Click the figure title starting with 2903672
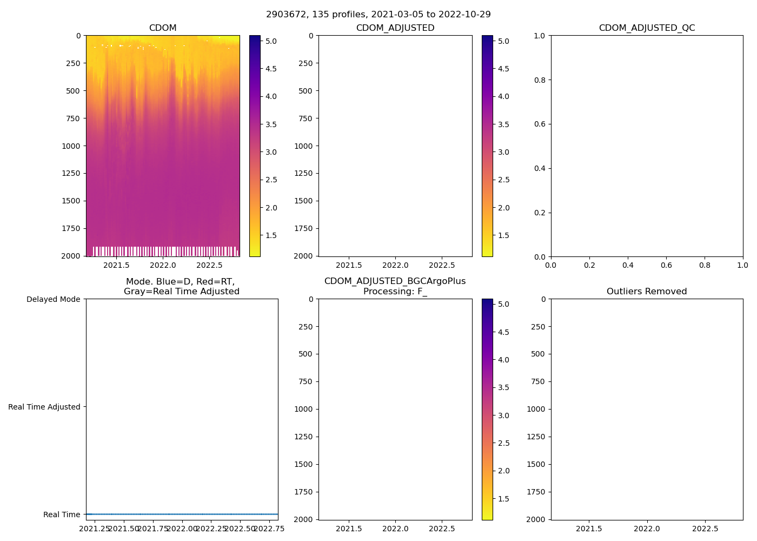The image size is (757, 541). [x=378, y=15]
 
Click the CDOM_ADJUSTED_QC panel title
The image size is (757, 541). [x=647, y=28]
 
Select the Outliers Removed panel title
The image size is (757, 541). [x=647, y=292]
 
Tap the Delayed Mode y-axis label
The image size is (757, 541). [x=53, y=299]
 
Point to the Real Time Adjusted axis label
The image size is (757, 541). [x=44, y=407]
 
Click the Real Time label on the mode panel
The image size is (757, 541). [x=62, y=514]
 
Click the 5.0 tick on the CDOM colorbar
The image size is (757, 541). [x=271, y=41]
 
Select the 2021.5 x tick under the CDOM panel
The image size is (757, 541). [x=116, y=265]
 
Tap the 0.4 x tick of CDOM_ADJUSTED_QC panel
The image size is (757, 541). [x=628, y=265]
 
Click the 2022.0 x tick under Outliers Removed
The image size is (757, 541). [x=647, y=529]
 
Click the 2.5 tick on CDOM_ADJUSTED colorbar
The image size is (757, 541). [x=503, y=180]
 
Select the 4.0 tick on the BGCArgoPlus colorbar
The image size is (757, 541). [x=503, y=360]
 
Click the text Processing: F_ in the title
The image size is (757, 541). [x=395, y=292]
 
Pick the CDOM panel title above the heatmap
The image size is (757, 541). [x=163, y=28]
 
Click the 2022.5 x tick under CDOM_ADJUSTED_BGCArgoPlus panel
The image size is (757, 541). [x=442, y=529]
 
